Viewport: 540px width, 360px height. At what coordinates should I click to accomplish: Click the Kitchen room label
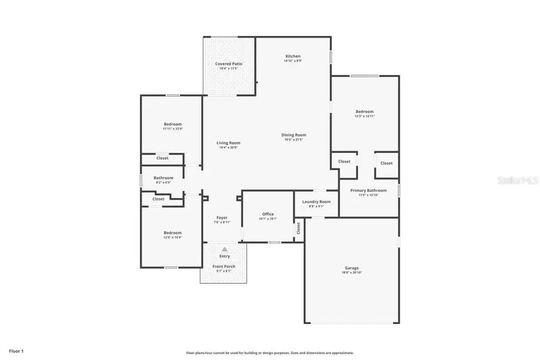point(293,56)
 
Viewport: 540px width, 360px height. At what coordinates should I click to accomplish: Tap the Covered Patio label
point(229,64)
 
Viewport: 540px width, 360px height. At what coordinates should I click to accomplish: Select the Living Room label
point(229,143)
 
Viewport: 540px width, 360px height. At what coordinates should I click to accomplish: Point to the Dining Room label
point(294,135)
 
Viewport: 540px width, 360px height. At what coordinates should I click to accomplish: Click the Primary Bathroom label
point(368,190)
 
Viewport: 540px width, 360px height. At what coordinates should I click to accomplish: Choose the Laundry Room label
point(316,202)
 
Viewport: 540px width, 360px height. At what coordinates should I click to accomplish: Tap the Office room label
point(268,214)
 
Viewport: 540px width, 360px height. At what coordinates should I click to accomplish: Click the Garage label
point(352,268)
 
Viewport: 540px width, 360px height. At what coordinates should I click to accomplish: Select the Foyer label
point(222,218)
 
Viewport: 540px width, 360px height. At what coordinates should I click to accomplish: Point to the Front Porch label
point(224,266)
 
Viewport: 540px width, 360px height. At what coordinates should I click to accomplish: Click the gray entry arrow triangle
point(224,249)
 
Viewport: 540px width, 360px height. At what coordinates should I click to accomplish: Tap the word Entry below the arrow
point(224,256)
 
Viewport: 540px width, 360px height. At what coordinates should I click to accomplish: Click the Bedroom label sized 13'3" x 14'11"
point(364,112)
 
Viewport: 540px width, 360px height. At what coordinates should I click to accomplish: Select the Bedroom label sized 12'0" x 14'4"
point(172,233)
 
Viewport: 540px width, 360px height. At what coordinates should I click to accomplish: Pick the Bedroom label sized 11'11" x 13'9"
point(172,124)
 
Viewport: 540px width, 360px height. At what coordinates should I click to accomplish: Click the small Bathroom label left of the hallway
point(163,178)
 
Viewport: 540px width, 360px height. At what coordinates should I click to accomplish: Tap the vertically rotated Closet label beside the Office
point(298,229)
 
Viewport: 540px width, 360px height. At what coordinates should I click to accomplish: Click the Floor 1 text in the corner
point(16,350)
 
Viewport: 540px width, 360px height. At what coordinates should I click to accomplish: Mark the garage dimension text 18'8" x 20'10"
point(352,272)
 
